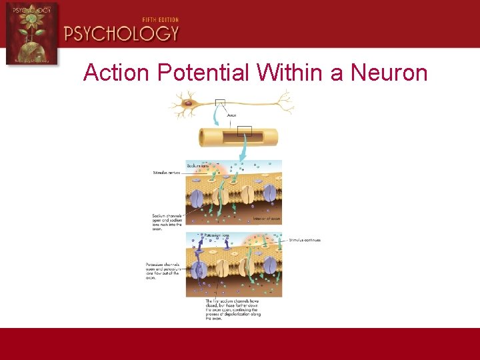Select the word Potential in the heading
click(x=205, y=72)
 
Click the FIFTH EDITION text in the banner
click(x=160, y=20)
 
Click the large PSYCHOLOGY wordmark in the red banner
click(x=121, y=34)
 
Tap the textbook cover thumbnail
click(x=31, y=33)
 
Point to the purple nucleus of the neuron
click(x=188, y=103)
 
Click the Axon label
click(x=231, y=115)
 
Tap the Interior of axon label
click(x=267, y=218)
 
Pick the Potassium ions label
click(x=217, y=235)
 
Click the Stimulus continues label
click(x=305, y=240)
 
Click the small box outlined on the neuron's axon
click(x=220, y=103)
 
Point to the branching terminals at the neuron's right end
click(x=285, y=102)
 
